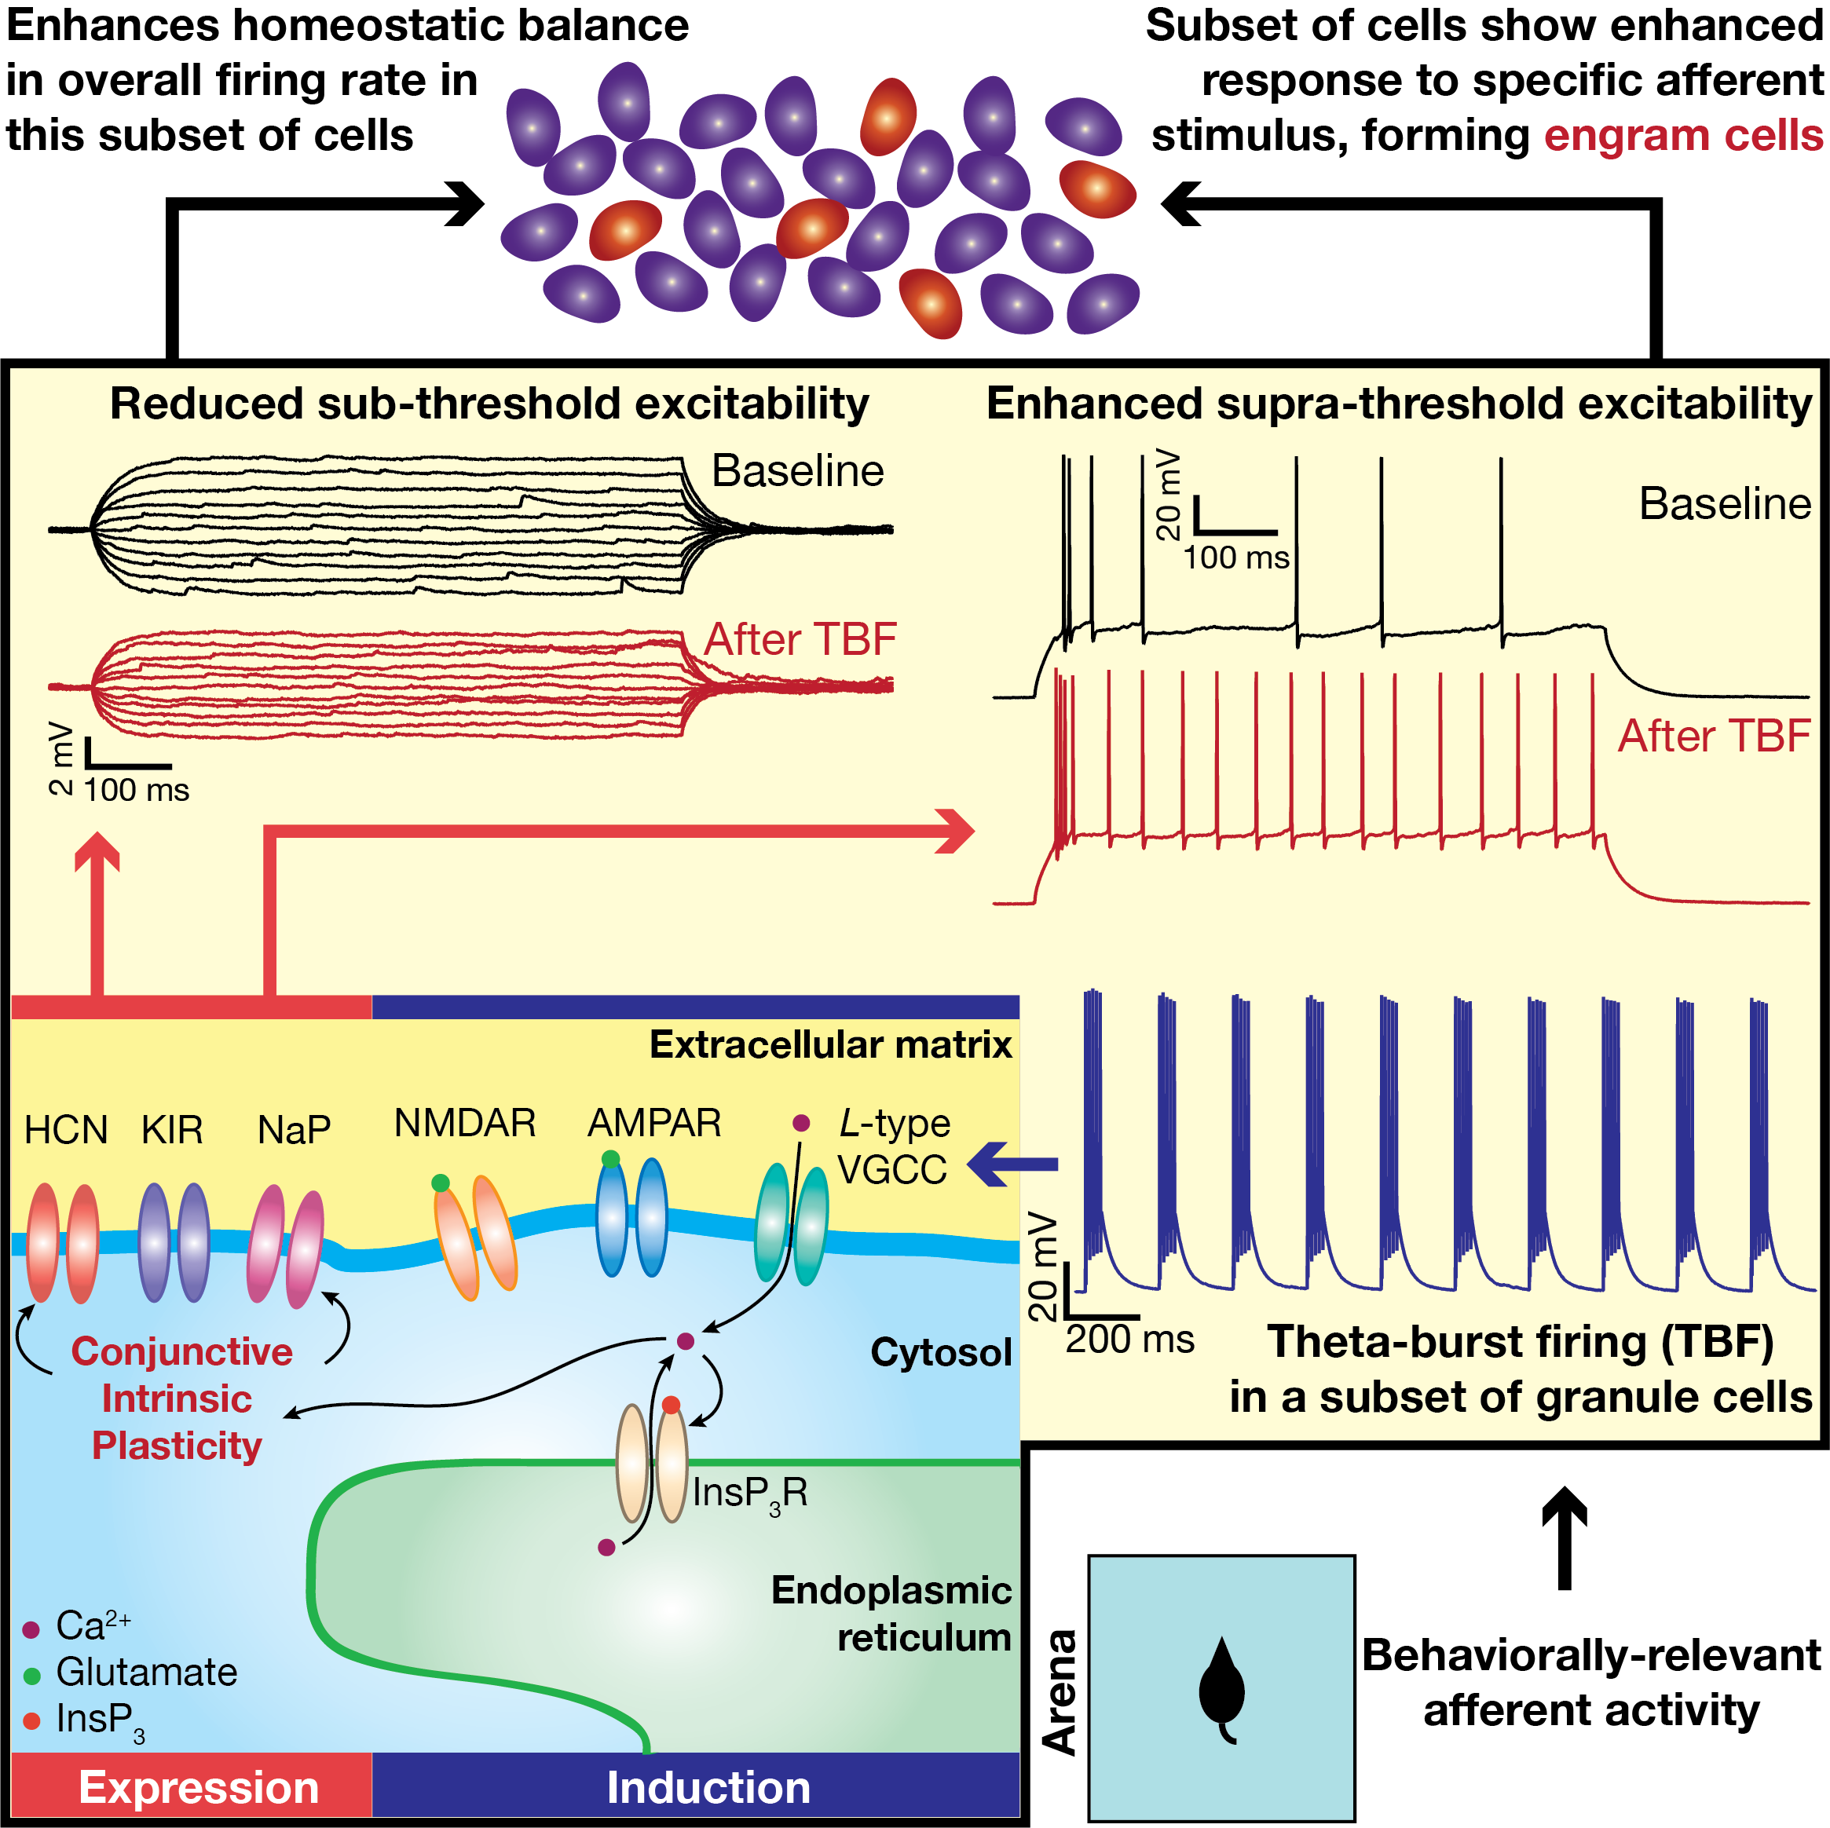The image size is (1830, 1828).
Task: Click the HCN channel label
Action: point(65,1130)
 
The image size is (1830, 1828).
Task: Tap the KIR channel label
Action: point(171,1130)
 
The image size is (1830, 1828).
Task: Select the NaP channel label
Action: point(294,1130)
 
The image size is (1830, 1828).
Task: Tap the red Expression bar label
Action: point(198,1787)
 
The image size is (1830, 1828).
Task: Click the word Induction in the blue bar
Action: point(708,1787)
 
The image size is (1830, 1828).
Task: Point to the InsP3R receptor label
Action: point(749,1493)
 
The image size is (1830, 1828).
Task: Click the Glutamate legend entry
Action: point(146,1672)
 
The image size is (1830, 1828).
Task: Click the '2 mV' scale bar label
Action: point(60,759)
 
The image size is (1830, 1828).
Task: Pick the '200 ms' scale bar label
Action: point(1129,1340)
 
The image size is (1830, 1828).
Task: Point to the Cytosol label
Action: point(941,1352)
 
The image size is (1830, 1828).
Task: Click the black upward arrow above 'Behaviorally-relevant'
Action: point(1565,1539)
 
